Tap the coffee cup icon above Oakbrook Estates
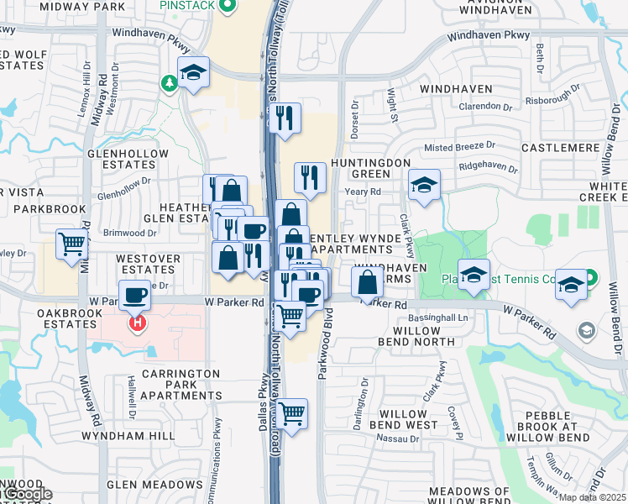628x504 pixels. point(135,295)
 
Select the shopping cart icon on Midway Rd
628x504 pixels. point(72,244)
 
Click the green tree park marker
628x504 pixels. point(170,82)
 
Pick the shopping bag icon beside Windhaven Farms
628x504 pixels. point(368,281)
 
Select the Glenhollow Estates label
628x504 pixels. point(123,160)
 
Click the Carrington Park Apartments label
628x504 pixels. point(181,384)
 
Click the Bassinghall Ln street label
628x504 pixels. point(438,318)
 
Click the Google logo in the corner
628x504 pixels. point(27,495)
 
